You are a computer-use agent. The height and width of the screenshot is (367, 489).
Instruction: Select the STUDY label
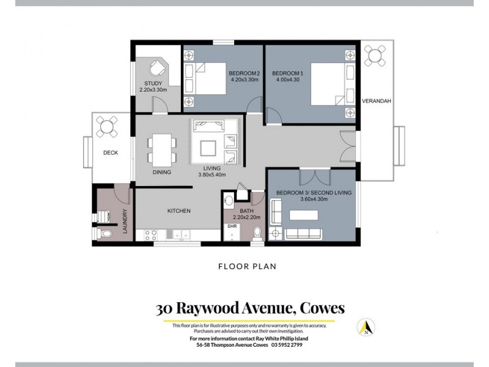point(153,83)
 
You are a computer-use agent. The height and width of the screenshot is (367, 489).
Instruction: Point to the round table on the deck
point(108,127)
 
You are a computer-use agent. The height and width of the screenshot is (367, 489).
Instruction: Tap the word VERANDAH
point(376,101)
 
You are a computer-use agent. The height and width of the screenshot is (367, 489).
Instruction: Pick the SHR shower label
point(232,226)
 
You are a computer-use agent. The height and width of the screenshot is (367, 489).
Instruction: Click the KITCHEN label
point(179,211)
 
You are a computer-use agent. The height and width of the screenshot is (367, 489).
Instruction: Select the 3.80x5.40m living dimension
point(212,175)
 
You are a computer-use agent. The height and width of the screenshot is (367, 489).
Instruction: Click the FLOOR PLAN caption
point(244,267)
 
